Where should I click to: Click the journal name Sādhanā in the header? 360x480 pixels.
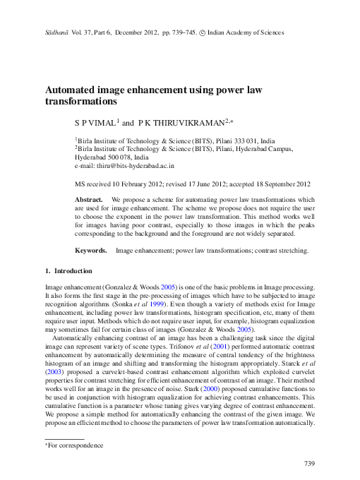click(58, 32)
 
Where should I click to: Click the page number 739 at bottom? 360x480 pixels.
click(308, 463)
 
